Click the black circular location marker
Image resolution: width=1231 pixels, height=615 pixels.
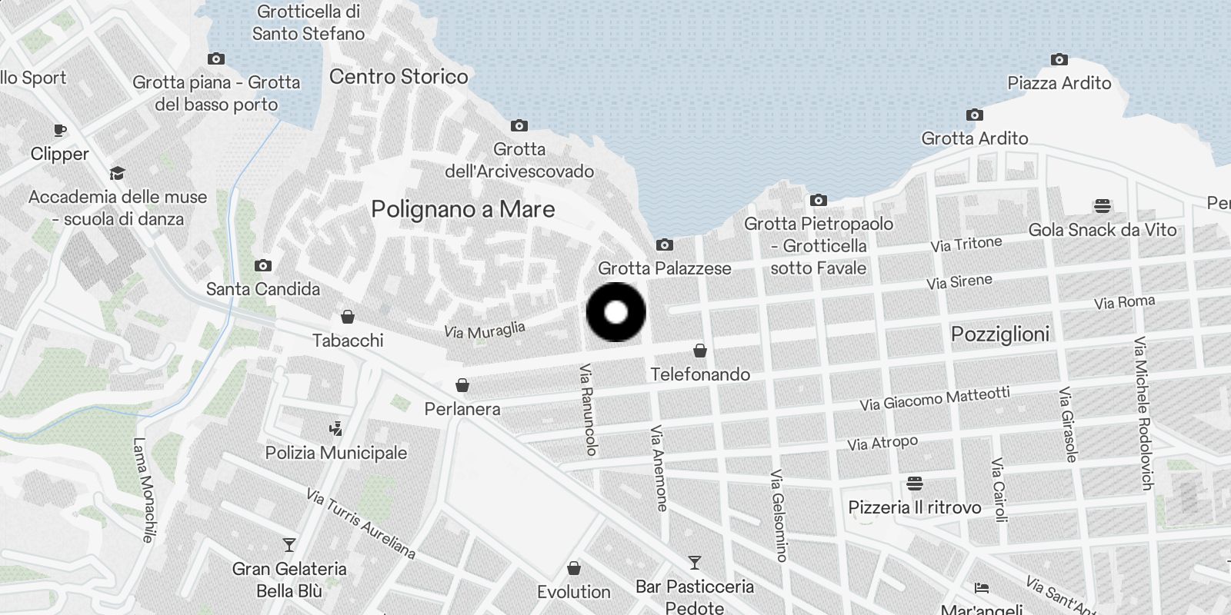point(615,312)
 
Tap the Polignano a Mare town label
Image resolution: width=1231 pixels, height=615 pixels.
point(462,209)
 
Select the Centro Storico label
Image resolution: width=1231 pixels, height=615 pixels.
point(399,77)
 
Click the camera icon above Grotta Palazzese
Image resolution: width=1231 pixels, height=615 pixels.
point(664,245)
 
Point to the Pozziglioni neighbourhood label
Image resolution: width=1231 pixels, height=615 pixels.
point(1000,334)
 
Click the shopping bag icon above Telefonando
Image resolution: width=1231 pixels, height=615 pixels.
point(700,351)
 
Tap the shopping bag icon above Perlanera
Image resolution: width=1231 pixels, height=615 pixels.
point(462,384)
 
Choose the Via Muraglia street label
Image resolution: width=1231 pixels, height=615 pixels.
point(485,331)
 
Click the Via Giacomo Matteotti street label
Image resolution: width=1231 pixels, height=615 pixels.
point(935,398)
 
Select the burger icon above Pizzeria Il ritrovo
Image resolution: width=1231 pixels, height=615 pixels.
point(915,484)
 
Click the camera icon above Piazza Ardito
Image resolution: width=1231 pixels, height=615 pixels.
point(1059,59)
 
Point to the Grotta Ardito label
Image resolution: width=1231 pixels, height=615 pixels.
point(975,138)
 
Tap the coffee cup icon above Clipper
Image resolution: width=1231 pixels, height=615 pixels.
point(60,130)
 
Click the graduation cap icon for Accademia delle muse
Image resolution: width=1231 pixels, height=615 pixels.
point(117,173)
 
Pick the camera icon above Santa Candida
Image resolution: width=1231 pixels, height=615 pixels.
point(262,265)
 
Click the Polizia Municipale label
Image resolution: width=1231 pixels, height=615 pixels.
point(336,453)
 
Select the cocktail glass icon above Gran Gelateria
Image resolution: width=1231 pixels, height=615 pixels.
point(289,545)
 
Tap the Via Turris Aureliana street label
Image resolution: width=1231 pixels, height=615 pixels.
point(361,524)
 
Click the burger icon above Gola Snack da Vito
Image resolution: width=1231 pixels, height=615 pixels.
point(1103,206)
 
